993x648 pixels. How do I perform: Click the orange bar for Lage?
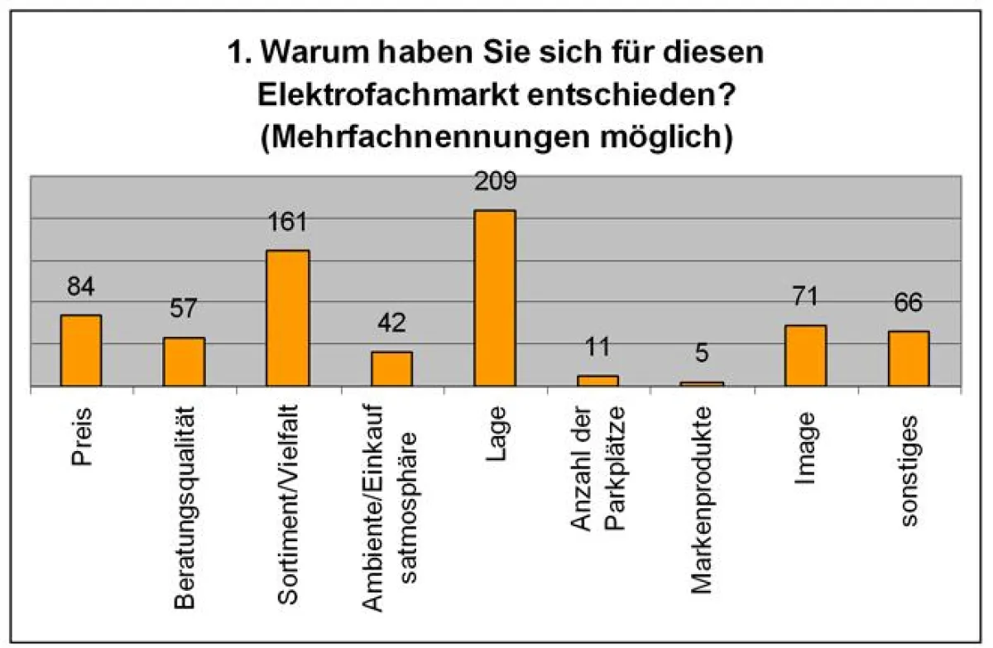(x=495, y=298)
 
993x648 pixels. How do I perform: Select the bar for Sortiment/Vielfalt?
(x=288, y=318)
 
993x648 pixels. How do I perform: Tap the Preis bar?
(x=81, y=350)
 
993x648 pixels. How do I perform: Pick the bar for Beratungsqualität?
(x=184, y=362)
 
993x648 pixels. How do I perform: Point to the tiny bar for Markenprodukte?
(x=702, y=383)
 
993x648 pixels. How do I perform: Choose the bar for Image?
(x=805, y=355)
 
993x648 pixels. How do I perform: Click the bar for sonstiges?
(x=909, y=358)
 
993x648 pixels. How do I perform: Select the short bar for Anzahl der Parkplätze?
(x=598, y=381)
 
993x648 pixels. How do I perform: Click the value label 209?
(x=495, y=181)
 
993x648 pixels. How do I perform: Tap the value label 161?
(x=287, y=222)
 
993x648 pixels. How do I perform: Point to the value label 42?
(x=391, y=323)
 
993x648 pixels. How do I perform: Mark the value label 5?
(x=702, y=353)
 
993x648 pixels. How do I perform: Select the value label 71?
(x=805, y=296)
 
